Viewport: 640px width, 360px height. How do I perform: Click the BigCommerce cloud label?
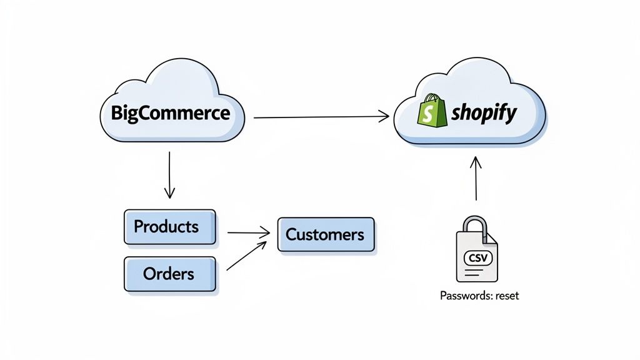(x=170, y=114)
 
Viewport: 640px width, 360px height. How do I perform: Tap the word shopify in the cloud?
(x=484, y=113)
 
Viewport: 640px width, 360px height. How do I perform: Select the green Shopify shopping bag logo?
(x=431, y=112)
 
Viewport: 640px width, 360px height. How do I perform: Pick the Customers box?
(x=325, y=235)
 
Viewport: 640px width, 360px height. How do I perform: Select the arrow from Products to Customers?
(x=248, y=233)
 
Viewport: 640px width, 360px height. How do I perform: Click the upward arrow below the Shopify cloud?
(x=476, y=178)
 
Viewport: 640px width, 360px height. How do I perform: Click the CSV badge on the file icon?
(x=476, y=257)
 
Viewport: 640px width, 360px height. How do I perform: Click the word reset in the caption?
(x=507, y=296)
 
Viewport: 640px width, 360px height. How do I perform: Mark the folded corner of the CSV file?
(x=492, y=238)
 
